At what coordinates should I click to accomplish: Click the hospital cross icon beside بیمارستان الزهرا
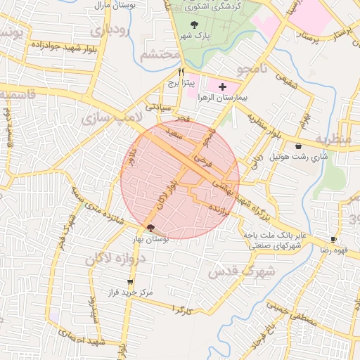pos(223,87)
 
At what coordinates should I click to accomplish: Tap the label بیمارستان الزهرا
pos(223,98)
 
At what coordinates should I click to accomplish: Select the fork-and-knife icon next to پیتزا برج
pos(181,72)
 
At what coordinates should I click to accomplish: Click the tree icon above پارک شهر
pos(194,26)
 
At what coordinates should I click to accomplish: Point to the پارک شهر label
pos(194,36)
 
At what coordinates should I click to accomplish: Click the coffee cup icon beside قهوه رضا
pos(334,239)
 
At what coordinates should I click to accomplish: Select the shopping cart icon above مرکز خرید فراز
pos(129,282)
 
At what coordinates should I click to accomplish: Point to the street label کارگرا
pos(181,310)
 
